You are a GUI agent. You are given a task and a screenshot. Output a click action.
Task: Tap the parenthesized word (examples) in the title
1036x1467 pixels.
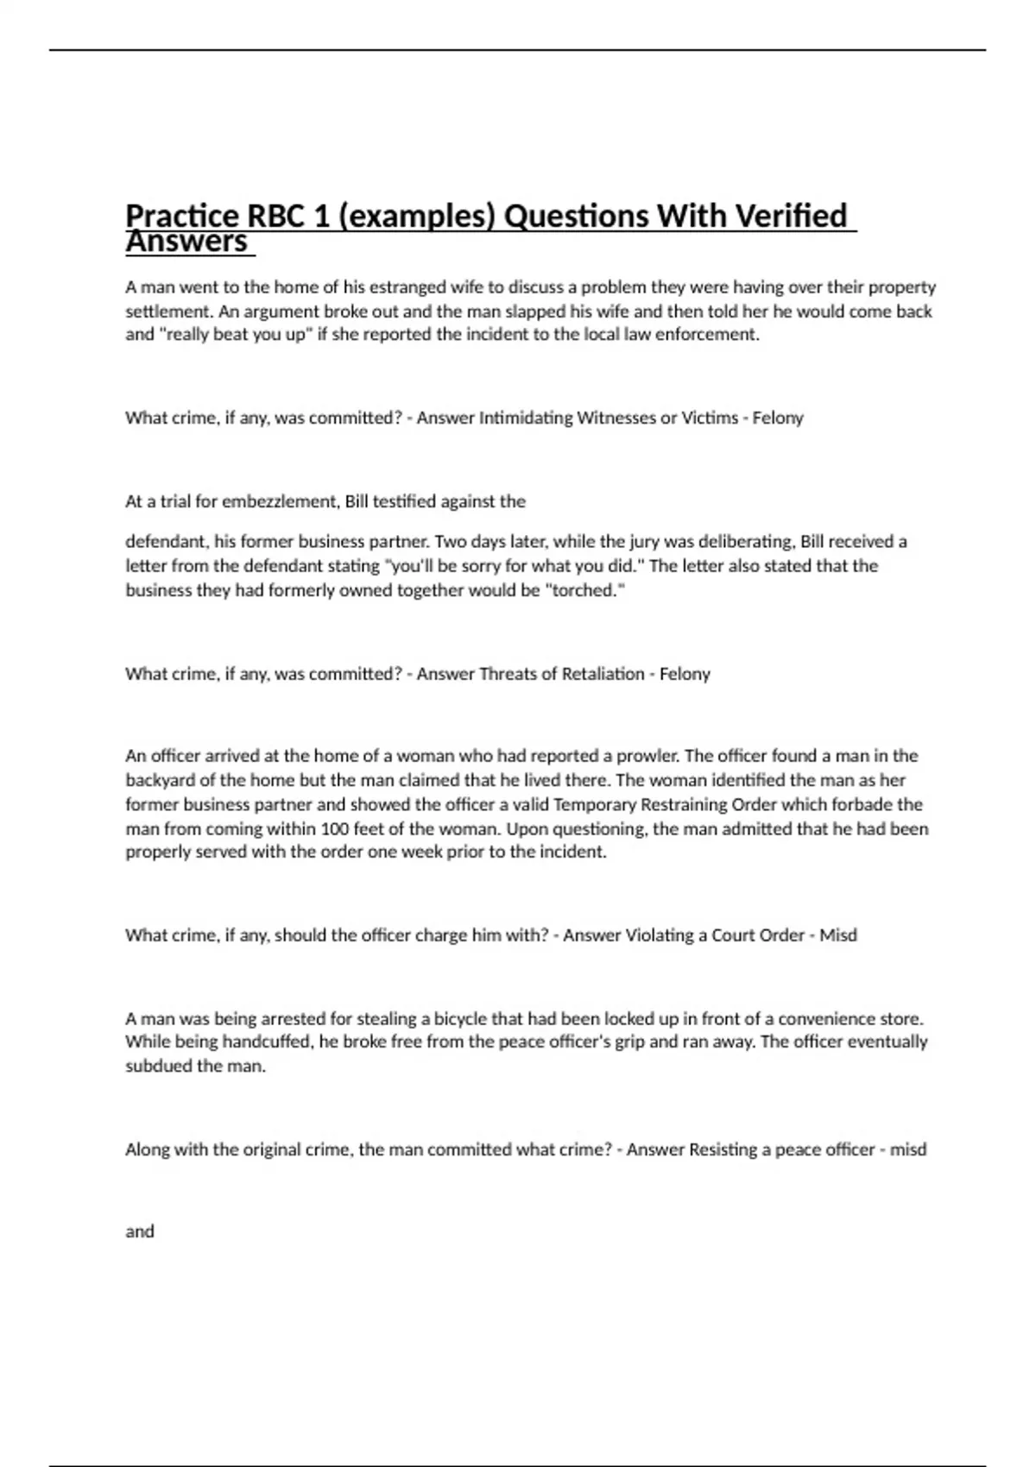(416, 216)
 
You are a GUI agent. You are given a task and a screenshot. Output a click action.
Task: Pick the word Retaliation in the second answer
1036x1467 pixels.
(603, 674)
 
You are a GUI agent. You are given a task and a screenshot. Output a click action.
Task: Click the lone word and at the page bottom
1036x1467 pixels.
(140, 1232)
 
